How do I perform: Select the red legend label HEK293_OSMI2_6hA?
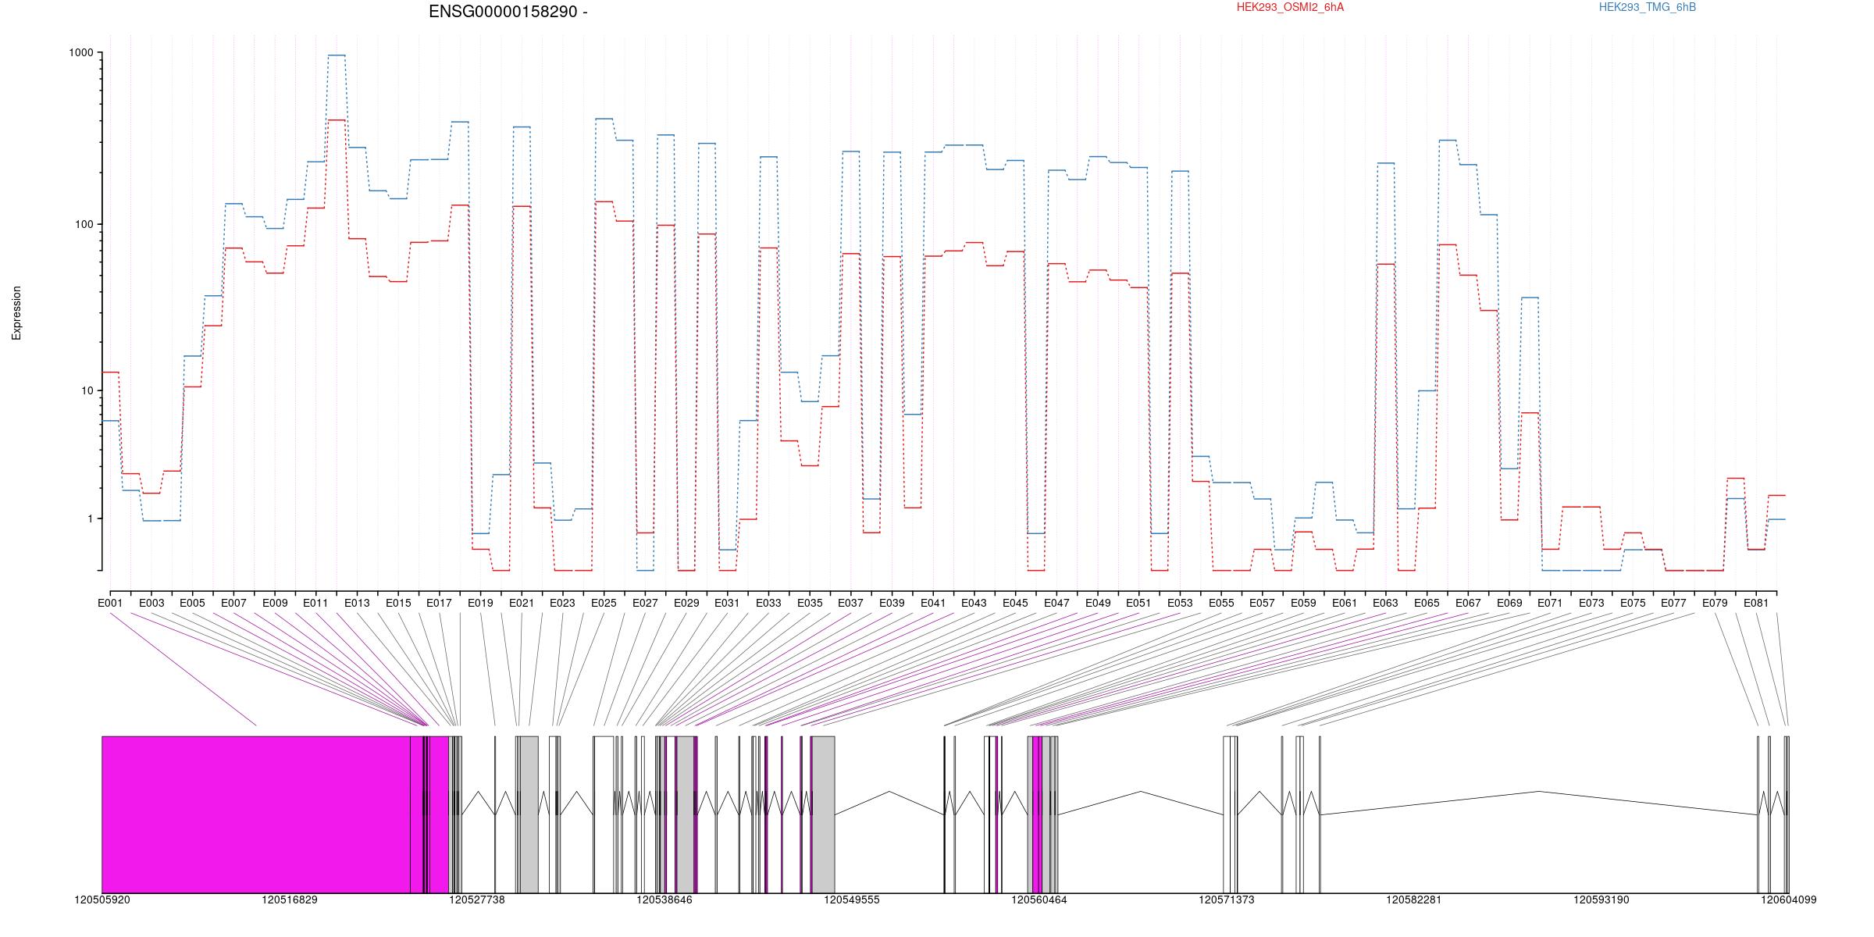(x=1290, y=7)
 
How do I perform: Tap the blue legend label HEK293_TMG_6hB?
(x=1648, y=7)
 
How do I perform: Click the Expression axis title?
(x=16, y=313)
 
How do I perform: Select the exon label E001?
(x=110, y=603)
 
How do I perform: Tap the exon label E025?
(x=604, y=603)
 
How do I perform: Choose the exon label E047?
(x=1056, y=603)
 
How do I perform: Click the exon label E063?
(x=1385, y=603)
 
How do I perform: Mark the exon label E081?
(x=1756, y=603)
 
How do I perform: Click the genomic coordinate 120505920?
(x=102, y=900)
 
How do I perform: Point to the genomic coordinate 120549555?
(x=852, y=900)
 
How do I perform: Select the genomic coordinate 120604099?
(x=1788, y=900)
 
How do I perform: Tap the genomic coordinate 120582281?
(x=1414, y=900)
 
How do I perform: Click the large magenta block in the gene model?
(x=256, y=814)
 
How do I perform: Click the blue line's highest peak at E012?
(x=337, y=55)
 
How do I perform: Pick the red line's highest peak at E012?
(x=337, y=120)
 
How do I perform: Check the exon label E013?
(x=357, y=603)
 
